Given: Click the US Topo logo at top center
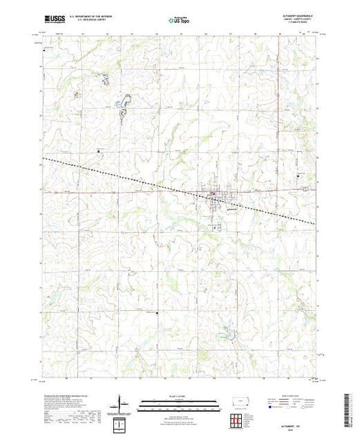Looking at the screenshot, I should tap(179, 20).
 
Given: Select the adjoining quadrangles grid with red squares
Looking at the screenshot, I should tap(238, 418).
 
